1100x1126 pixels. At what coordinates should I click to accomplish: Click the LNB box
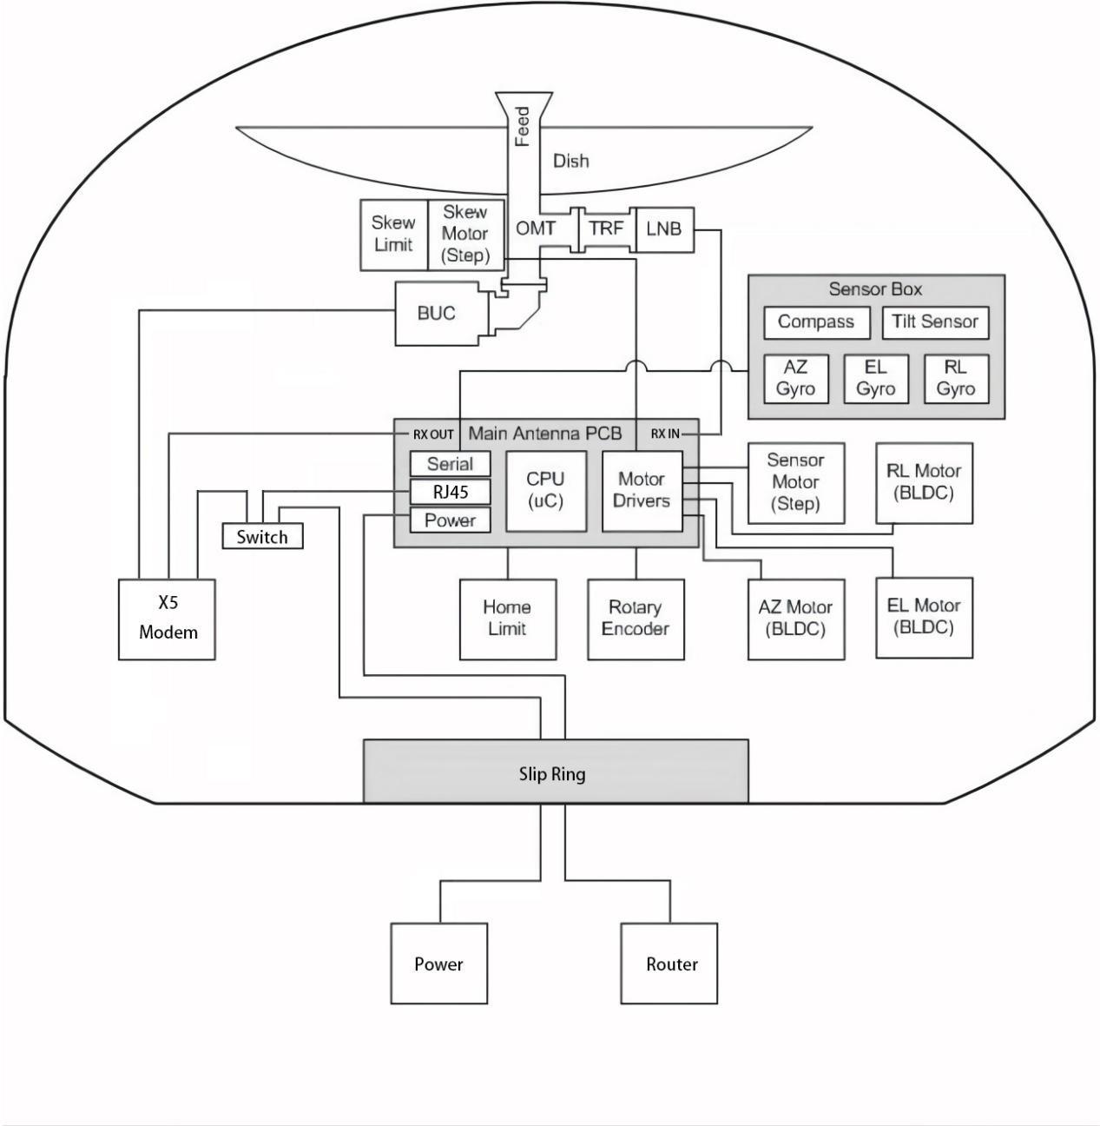click(x=664, y=230)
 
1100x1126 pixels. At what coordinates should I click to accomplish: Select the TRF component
click(x=606, y=229)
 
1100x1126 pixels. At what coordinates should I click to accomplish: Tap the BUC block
click(x=437, y=313)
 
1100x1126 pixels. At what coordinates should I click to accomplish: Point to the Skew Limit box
click(x=393, y=234)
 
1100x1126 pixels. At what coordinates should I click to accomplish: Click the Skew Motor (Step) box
click(x=465, y=234)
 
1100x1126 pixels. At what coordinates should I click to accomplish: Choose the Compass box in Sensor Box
click(x=816, y=322)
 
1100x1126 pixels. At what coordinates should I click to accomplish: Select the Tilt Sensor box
click(x=935, y=322)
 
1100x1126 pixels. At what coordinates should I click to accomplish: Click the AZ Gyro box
click(x=795, y=378)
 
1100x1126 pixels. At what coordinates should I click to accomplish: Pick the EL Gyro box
click(x=875, y=378)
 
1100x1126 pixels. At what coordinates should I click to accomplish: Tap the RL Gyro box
click(x=955, y=378)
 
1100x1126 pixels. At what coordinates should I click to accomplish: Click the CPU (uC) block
click(x=545, y=490)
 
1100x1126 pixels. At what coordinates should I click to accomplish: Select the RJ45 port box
click(x=450, y=493)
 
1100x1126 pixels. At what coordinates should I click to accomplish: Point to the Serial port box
click(x=450, y=464)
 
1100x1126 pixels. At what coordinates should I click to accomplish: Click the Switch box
click(x=262, y=537)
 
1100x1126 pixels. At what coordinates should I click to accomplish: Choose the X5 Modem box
click(x=168, y=619)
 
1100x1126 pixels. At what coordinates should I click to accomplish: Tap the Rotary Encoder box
click(x=636, y=619)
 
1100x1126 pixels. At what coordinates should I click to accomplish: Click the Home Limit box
click(x=507, y=619)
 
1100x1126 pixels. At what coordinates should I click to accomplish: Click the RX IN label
click(x=666, y=434)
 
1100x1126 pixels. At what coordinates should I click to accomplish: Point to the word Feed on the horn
click(x=523, y=127)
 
